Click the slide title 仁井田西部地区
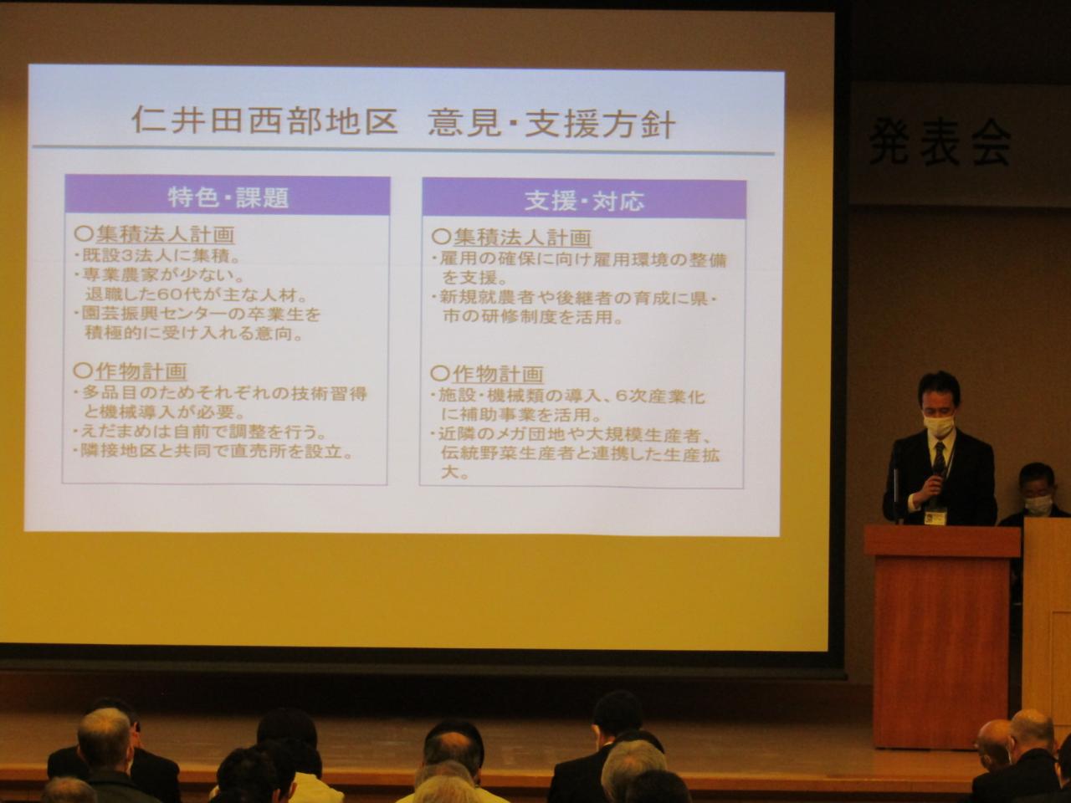[265, 121]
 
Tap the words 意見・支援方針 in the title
[552, 125]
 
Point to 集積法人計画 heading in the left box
[155, 234]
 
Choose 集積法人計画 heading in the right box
[512, 238]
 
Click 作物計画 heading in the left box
[131, 371]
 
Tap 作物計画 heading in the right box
[487, 375]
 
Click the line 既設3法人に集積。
[156, 255]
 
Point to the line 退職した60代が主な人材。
[196, 295]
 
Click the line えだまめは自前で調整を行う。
[200, 432]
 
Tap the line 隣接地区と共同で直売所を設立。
[213, 452]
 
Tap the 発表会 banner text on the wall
[940, 142]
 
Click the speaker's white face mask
[938, 425]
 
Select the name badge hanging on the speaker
[935, 516]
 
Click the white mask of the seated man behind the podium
[1038, 505]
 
